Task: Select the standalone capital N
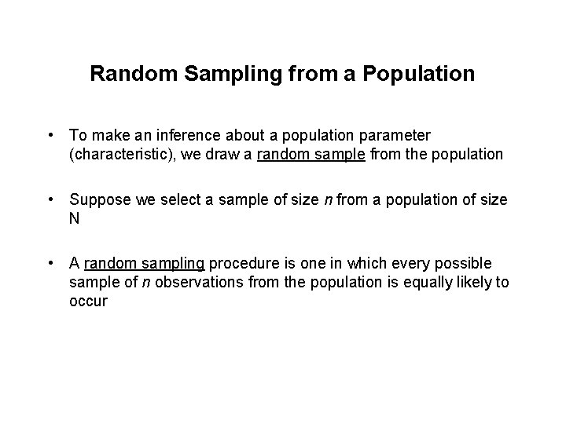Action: (x=75, y=219)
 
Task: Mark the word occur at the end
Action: (x=88, y=301)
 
